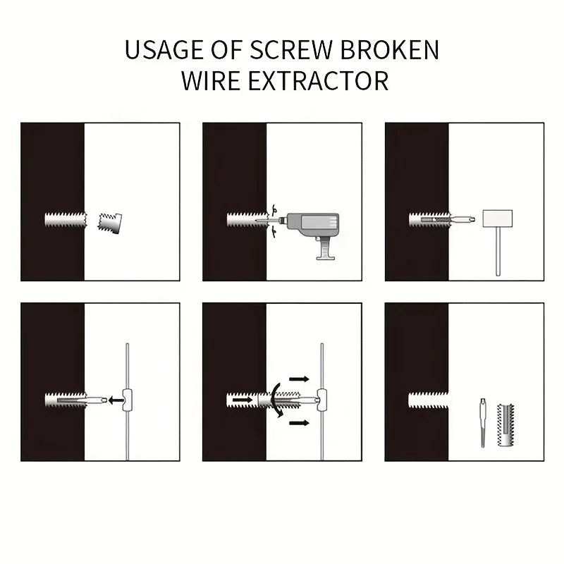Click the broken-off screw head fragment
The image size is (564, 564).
(x=110, y=223)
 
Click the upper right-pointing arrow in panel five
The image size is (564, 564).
(x=298, y=379)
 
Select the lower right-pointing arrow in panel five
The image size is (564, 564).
(x=298, y=423)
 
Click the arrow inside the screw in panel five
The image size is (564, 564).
(x=242, y=400)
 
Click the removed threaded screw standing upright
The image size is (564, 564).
(x=505, y=424)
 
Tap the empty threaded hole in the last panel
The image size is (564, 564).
(x=428, y=400)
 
